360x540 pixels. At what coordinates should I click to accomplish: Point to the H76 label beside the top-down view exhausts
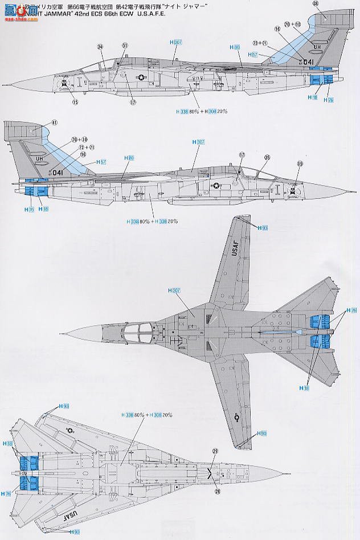(x=351, y=310)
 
